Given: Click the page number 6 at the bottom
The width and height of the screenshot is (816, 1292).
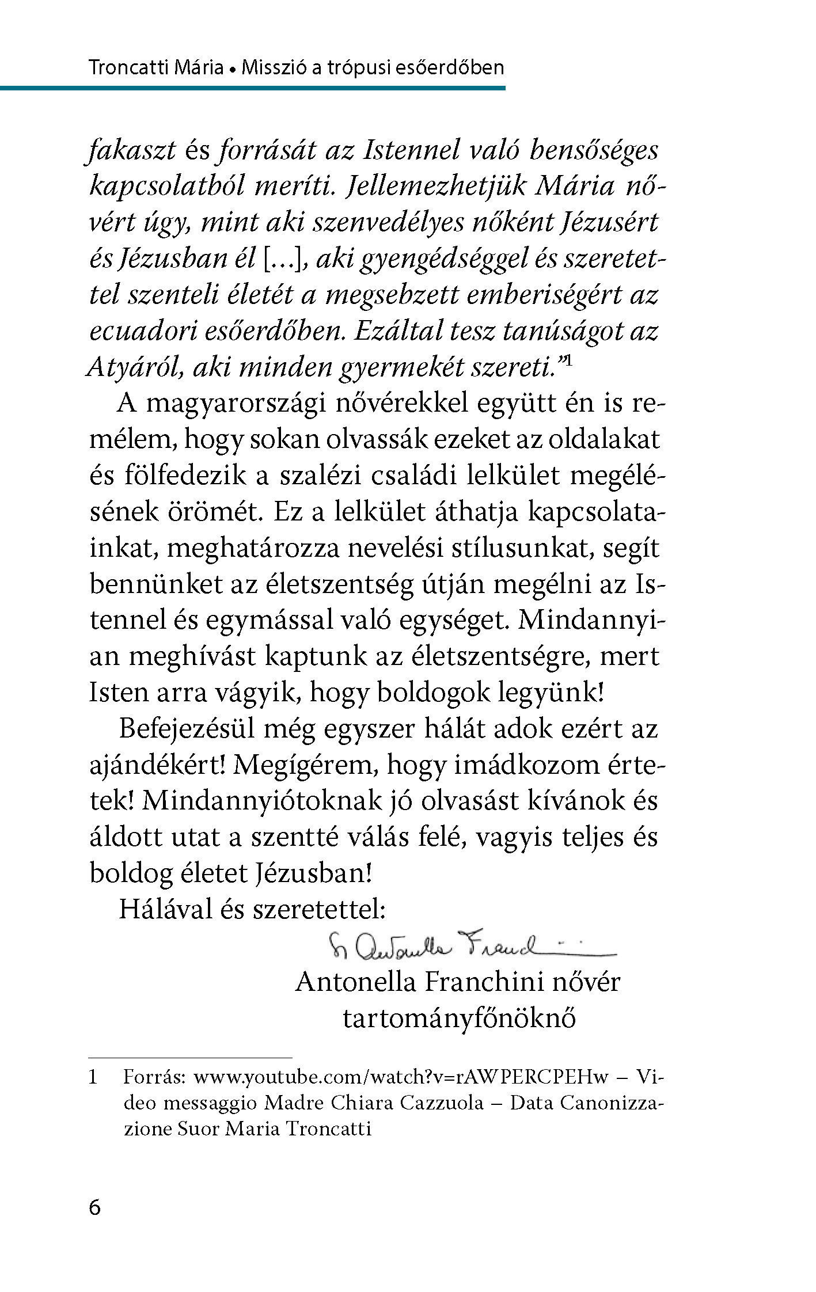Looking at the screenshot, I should point(95,1207).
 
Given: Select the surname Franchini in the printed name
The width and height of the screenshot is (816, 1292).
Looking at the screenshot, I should point(484,982).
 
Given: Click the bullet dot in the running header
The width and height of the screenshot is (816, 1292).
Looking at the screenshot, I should point(233,70).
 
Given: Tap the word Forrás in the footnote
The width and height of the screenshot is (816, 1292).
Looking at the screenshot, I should point(154,1076).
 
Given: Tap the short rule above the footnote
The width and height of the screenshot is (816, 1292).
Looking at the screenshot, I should point(190,1058).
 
